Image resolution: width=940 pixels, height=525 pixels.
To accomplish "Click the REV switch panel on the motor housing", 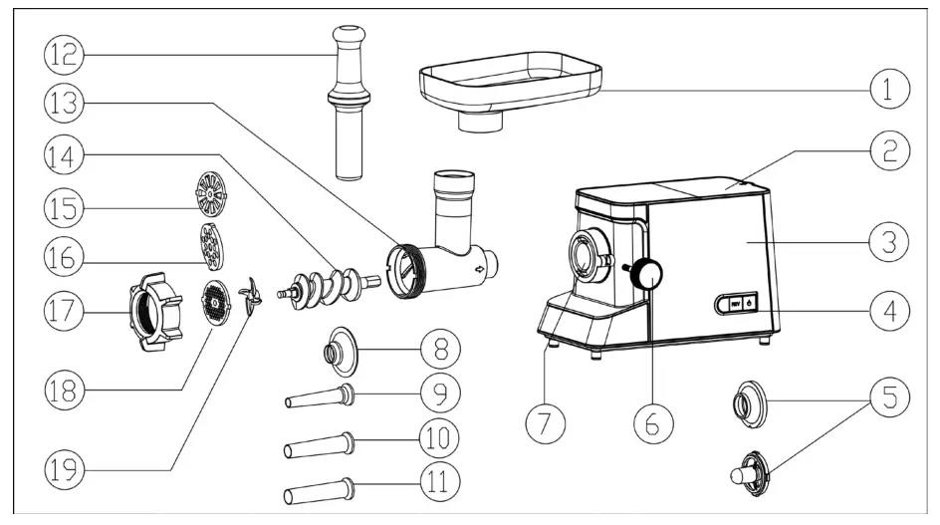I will point(735,304).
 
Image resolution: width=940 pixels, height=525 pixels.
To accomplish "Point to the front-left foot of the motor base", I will point(551,344).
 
